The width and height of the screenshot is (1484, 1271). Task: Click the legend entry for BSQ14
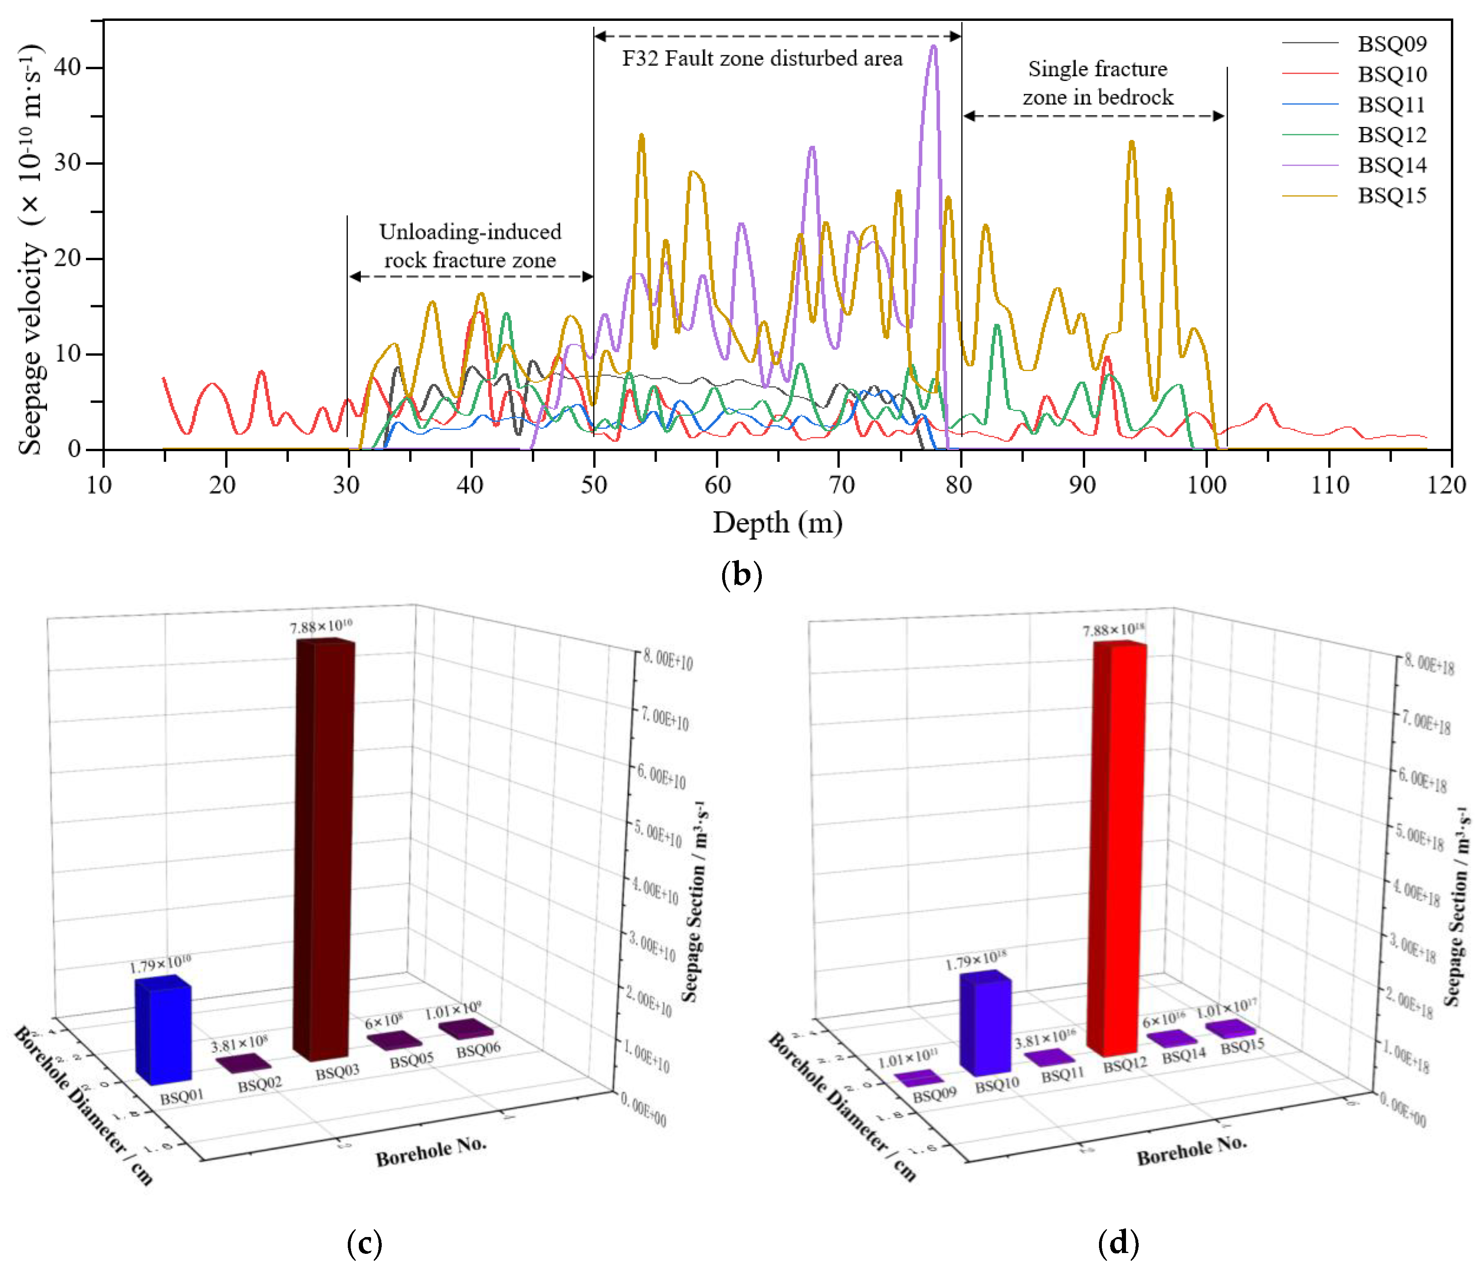[x=1391, y=165]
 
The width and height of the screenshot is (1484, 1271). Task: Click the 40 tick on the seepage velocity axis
[x=69, y=67]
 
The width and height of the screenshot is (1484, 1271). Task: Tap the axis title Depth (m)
[x=777, y=523]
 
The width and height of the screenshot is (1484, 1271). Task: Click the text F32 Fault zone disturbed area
[x=762, y=59]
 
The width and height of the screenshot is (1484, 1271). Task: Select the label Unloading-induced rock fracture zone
[x=470, y=245]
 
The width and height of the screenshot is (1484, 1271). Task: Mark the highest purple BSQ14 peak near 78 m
[x=932, y=47]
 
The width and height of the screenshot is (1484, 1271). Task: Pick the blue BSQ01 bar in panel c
[x=164, y=1031]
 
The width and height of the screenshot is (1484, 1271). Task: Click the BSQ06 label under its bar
[x=478, y=1050]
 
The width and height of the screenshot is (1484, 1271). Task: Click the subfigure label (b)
[x=741, y=575]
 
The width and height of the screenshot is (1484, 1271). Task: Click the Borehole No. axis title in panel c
[x=431, y=1152]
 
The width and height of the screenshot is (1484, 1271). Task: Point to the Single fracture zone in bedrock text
[x=1097, y=83]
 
